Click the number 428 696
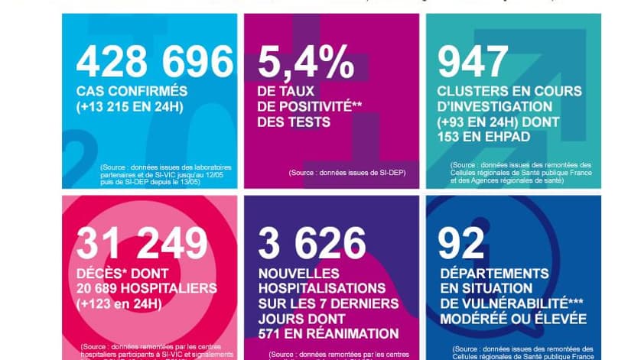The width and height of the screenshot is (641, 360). [x=155, y=63]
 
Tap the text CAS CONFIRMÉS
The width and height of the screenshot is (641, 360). [x=131, y=91]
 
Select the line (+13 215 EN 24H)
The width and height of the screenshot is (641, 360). [x=130, y=106]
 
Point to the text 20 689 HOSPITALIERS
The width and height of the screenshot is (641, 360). [x=146, y=288]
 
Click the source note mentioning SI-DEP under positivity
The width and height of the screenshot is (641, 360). [x=347, y=173]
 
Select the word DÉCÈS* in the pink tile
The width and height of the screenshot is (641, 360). [x=103, y=273]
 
